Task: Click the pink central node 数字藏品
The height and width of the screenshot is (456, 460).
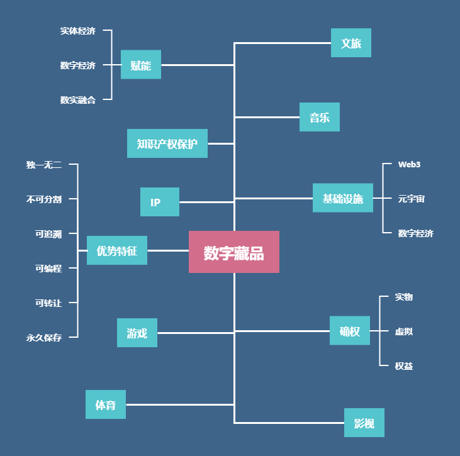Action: point(233,252)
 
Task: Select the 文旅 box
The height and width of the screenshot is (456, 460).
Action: point(351,43)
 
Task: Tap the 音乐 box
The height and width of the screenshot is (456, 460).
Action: point(319,117)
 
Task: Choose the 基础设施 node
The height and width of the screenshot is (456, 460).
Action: point(342,198)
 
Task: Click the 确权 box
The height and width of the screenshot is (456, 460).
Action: point(349,331)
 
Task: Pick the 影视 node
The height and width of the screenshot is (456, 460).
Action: point(364,423)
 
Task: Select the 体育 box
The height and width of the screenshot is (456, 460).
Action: point(105,404)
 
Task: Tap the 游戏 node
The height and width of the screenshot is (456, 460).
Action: point(137,333)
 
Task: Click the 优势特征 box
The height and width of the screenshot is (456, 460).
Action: point(116,250)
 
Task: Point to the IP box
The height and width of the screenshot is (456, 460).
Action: point(159,202)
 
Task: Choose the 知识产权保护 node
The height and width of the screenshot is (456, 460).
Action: point(167,143)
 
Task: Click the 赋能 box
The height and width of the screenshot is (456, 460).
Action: point(140,65)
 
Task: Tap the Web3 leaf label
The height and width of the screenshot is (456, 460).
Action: point(409,164)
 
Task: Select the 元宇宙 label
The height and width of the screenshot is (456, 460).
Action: point(411,199)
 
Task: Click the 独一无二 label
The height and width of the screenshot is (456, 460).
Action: point(44,165)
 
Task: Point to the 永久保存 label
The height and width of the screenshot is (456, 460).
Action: point(44,337)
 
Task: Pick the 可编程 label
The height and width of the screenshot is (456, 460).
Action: point(48,268)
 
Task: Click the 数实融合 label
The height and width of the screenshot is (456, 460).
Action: point(78,99)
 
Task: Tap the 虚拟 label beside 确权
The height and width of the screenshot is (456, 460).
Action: point(404,331)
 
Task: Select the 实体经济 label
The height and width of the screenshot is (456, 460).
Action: point(78,30)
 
